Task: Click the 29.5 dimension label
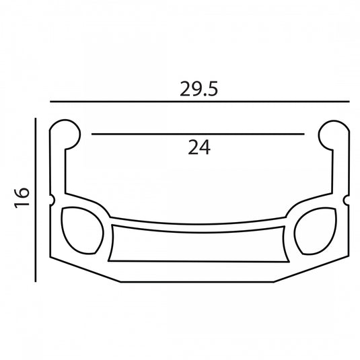tap(199, 89)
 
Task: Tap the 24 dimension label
tap(199, 147)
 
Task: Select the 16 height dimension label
tap(22, 198)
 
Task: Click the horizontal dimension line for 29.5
tap(200, 101)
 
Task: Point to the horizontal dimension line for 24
tap(198, 134)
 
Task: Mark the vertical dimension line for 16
tap(36, 200)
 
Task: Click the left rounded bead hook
tap(65, 135)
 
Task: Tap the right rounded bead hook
tap(334, 135)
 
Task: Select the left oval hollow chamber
tap(82, 230)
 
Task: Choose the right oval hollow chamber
tap(316, 231)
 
